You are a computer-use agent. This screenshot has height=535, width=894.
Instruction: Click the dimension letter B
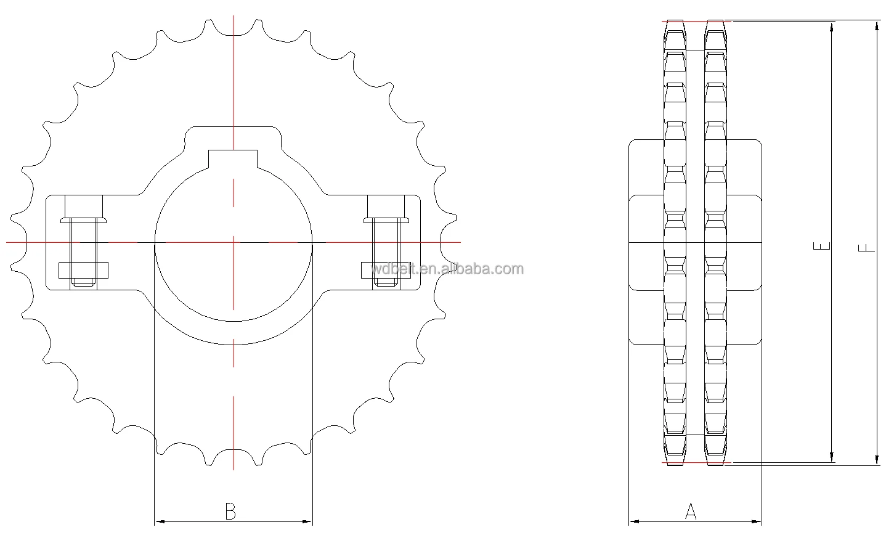[x=230, y=512]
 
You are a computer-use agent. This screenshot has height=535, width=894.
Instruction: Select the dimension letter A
[x=691, y=511]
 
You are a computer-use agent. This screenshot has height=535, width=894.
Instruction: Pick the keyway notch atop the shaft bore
[x=234, y=158]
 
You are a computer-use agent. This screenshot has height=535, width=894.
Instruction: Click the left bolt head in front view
[x=84, y=219]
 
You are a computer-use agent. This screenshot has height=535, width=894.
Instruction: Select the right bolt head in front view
[x=387, y=219]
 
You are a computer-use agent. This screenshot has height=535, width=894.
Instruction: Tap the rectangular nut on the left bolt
[x=83, y=270]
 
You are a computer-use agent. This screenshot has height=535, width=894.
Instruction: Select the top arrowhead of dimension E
[x=832, y=27]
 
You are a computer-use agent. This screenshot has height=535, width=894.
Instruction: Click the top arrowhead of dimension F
[x=877, y=25]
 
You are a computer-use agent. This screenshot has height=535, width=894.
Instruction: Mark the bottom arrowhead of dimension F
[x=877, y=460]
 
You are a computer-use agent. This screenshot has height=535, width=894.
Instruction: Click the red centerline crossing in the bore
[x=234, y=242]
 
